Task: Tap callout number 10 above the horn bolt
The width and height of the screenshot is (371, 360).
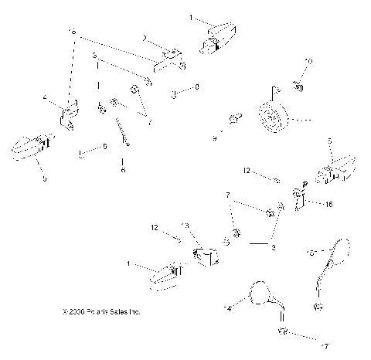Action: [308, 61]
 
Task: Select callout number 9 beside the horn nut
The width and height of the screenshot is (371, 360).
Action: [215, 138]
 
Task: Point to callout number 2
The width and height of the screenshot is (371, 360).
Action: [144, 38]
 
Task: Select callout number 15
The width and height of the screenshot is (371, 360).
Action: [310, 253]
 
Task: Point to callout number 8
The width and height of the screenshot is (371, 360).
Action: [196, 87]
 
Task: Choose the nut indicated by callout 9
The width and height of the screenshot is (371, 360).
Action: [233, 121]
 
